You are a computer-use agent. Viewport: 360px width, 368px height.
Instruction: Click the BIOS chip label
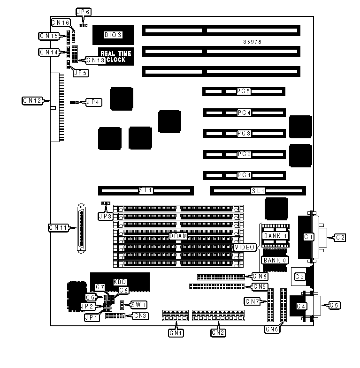(x=113, y=34)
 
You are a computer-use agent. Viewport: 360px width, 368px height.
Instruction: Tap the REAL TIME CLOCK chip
(x=116, y=57)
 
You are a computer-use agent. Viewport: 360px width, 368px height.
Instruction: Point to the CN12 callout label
(x=32, y=100)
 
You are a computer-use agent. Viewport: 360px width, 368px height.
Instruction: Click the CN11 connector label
(x=59, y=227)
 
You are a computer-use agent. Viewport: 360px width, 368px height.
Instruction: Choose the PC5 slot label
(x=244, y=91)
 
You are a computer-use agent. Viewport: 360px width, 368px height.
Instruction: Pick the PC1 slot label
(x=244, y=175)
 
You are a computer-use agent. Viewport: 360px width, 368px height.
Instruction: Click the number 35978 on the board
(x=253, y=42)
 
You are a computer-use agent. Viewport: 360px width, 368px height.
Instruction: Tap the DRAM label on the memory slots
(x=178, y=237)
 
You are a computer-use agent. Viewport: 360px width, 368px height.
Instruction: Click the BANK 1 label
(x=275, y=236)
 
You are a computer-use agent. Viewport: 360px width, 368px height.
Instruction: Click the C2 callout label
(x=340, y=238)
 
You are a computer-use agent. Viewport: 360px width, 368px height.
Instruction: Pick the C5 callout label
(x=334, y=305)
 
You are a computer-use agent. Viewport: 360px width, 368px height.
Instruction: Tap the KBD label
(x=120, y=282)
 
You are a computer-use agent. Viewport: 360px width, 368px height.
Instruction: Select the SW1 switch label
(x=139, y=305)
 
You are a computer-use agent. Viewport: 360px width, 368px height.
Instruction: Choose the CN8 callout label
(x=260, y=276)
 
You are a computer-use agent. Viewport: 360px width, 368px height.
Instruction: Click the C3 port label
(x=299, y=277)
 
